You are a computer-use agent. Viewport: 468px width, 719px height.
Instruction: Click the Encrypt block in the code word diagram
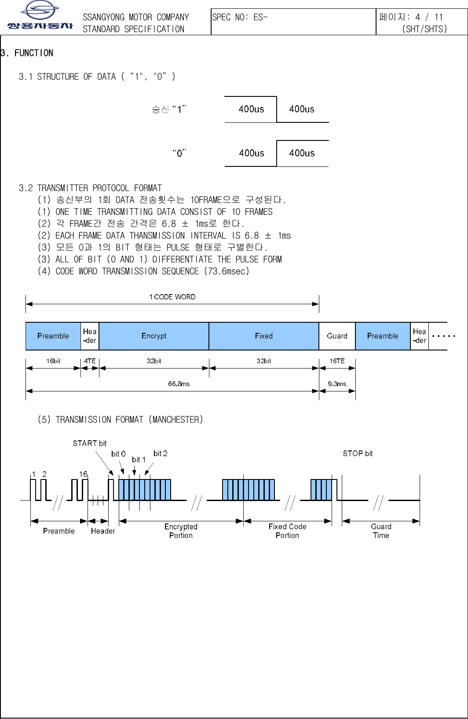tap(154, 336)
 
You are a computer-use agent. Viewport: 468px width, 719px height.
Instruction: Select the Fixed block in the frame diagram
tap(264, 336)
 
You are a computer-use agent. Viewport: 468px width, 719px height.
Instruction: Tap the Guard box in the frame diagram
tap(337, 336)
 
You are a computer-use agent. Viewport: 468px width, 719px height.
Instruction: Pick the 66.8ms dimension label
tap(179, 384)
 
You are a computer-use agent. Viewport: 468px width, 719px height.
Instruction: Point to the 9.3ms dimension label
tap(337, 384)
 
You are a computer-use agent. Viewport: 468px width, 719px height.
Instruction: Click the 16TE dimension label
tap(337, 361)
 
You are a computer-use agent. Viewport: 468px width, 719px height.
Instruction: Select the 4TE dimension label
tap(90, 361)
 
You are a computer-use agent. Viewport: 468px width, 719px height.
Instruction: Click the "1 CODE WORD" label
tap(172, 297)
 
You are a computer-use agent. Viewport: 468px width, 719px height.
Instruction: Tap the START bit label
tap(90, 443)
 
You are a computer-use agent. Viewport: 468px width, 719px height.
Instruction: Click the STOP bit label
tap(358, 454)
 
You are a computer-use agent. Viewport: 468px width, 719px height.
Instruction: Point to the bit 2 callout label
tap(160, 454)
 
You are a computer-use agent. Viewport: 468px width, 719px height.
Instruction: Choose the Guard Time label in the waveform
tap(381, 531)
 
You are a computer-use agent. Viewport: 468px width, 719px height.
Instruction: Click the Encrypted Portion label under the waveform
tap(181, 531)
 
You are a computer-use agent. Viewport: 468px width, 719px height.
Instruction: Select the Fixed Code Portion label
tap(287, 531)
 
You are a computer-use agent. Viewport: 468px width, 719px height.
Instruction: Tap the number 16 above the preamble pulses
tap(83, 474)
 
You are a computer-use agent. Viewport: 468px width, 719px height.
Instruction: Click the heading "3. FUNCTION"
tap(28, 53)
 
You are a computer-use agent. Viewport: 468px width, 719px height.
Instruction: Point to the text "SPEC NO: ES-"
tap(240, 18)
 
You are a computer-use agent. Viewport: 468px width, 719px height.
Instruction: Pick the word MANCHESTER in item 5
tap(176, 420)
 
